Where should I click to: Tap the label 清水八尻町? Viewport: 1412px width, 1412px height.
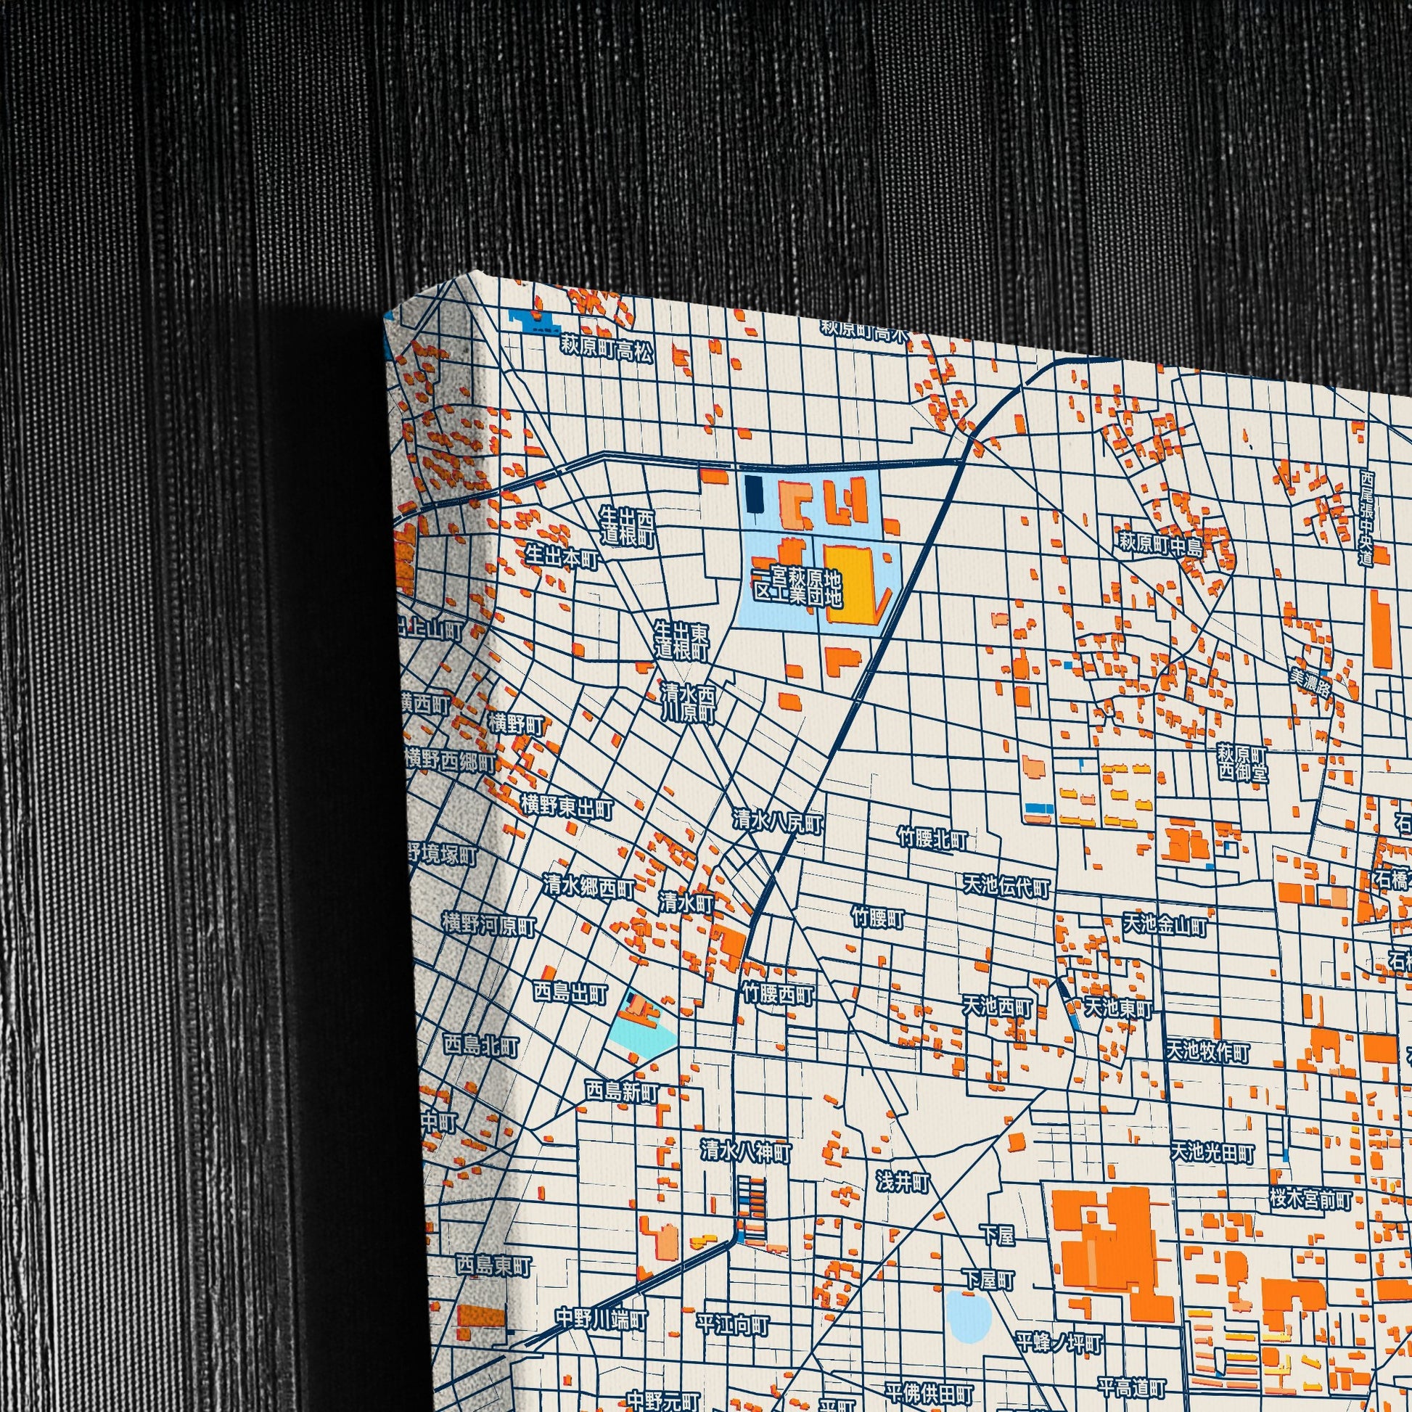coord(779,824)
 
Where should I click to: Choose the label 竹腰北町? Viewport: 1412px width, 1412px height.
coord(933,839)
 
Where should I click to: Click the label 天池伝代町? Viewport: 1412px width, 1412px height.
coord(1006,887)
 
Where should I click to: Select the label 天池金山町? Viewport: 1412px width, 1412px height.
coord(1165,924)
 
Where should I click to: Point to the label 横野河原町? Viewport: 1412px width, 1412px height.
coord(489,925)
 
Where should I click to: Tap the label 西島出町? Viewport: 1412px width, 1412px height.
coord(570,993)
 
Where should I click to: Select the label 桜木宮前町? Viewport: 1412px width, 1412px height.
coord(1310,1199)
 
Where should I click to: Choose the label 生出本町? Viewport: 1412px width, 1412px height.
coord(562,559)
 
